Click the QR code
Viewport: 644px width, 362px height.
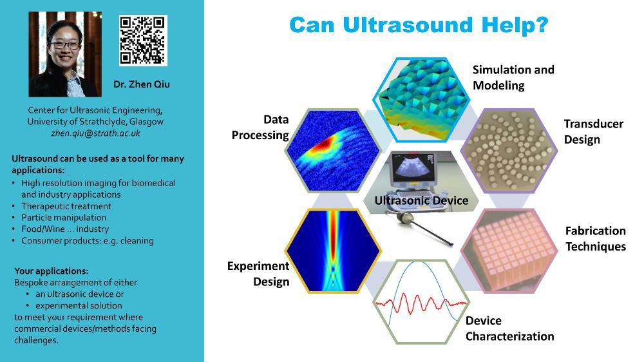[x=143, y=41]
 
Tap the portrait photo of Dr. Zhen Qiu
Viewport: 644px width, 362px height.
[x=65, y=54]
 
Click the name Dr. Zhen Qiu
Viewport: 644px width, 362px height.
[x=141, y=84]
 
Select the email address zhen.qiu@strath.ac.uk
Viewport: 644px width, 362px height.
[x=96, y=133]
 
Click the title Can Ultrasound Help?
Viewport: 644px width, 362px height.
[x=419, y=25]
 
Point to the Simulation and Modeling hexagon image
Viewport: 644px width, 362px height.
[x=422, y=100]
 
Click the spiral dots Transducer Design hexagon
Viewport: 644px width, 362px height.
[x=509, y=151]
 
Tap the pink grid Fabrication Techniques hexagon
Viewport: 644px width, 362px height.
[x=509, y=251]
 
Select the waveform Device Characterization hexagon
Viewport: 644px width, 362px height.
[x=422, y=301]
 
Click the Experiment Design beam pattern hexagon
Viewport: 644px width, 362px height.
[x=333, y=251]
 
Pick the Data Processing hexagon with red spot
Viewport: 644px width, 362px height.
[x=333, y=151]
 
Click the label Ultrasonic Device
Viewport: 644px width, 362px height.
[x=421, y=200]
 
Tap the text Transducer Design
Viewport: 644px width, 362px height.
[x=594, y=131]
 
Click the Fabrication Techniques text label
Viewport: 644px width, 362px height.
[x=596, y=238]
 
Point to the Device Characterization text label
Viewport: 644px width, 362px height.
[x=509, y=329]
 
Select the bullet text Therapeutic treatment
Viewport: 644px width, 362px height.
[x=66, y=206]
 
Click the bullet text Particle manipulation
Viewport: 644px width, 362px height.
[x=64, y=217]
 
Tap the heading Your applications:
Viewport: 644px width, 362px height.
[x=52, y=271]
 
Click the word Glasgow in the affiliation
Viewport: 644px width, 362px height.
[x=146, y=122]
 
